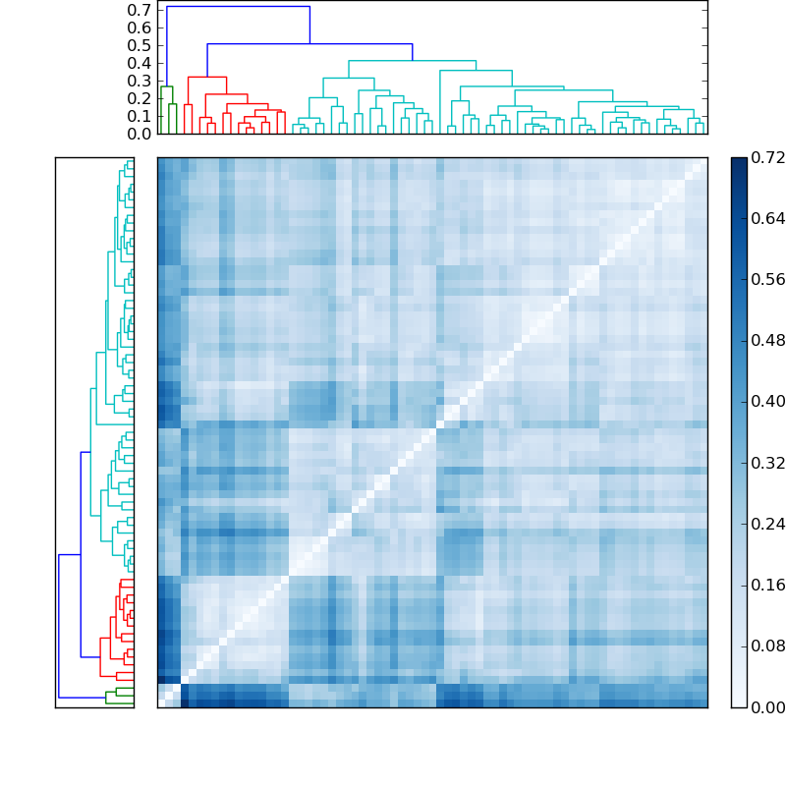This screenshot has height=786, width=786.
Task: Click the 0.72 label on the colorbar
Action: (768, 158)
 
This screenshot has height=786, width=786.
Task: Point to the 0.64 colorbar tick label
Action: (768, 219)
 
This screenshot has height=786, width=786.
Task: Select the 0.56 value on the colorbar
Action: (768, 280)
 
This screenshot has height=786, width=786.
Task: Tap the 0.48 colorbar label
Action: (768, 341)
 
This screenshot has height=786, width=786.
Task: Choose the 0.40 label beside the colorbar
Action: (768, 402)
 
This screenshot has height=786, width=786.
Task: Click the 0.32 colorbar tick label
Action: (768, 463)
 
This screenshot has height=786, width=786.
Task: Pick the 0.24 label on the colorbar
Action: (768, 524)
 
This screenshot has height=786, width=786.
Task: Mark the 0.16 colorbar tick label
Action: (768, 586)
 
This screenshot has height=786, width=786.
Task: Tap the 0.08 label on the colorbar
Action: (768, 646)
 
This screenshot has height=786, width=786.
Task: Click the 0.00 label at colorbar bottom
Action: (768, 707)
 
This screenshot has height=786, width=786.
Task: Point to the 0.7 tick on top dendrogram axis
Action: (139, 10)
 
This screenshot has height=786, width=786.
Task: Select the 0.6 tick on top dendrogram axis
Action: (139, 28)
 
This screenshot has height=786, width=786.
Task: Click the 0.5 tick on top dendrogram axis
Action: (139, 45)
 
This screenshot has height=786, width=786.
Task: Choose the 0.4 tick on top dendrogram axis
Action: (139, 63)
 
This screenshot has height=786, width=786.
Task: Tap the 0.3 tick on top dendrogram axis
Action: (139, 81)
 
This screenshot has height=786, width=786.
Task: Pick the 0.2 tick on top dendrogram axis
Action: (139, 98)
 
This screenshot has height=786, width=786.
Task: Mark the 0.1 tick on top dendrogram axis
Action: (139, 116)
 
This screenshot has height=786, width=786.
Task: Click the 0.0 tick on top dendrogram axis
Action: (139, 134)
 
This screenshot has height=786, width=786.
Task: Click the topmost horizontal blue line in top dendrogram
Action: (238, 7)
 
